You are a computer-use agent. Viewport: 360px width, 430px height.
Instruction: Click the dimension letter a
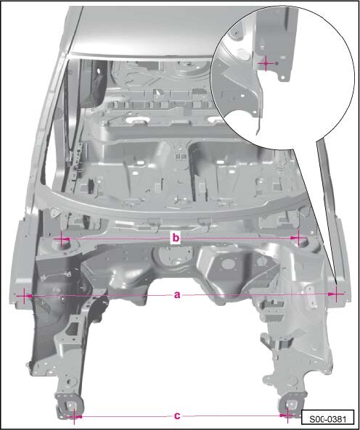(177, 295)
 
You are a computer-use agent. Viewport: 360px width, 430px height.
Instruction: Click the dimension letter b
(176, 238)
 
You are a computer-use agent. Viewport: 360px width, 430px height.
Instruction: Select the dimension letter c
(177, 415)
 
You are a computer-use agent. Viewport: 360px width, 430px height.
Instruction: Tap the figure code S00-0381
(327, 419)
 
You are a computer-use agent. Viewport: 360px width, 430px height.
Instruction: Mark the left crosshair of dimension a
(25, 296)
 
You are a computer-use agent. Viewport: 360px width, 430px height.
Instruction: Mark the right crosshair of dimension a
(336, 294)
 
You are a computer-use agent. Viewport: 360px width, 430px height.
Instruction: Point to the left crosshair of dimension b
(62, 239)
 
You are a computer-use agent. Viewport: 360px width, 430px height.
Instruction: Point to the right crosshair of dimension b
(298, 238)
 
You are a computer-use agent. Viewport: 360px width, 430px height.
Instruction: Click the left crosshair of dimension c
(74, 416)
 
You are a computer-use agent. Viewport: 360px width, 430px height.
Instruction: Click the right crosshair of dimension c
(287, 415)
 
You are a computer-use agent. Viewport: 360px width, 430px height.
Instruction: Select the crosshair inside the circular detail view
(266, 63)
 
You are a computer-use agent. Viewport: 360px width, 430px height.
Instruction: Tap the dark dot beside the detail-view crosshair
(277, 63)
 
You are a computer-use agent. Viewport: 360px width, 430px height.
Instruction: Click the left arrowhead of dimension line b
(65, 239)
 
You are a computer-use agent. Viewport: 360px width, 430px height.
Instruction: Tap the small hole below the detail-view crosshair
(282, 78)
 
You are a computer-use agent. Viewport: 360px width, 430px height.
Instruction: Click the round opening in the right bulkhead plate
(229, 264)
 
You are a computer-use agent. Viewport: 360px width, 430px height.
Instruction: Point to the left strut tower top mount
(61, 244)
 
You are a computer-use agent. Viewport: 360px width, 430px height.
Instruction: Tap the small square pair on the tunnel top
(181, 157)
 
